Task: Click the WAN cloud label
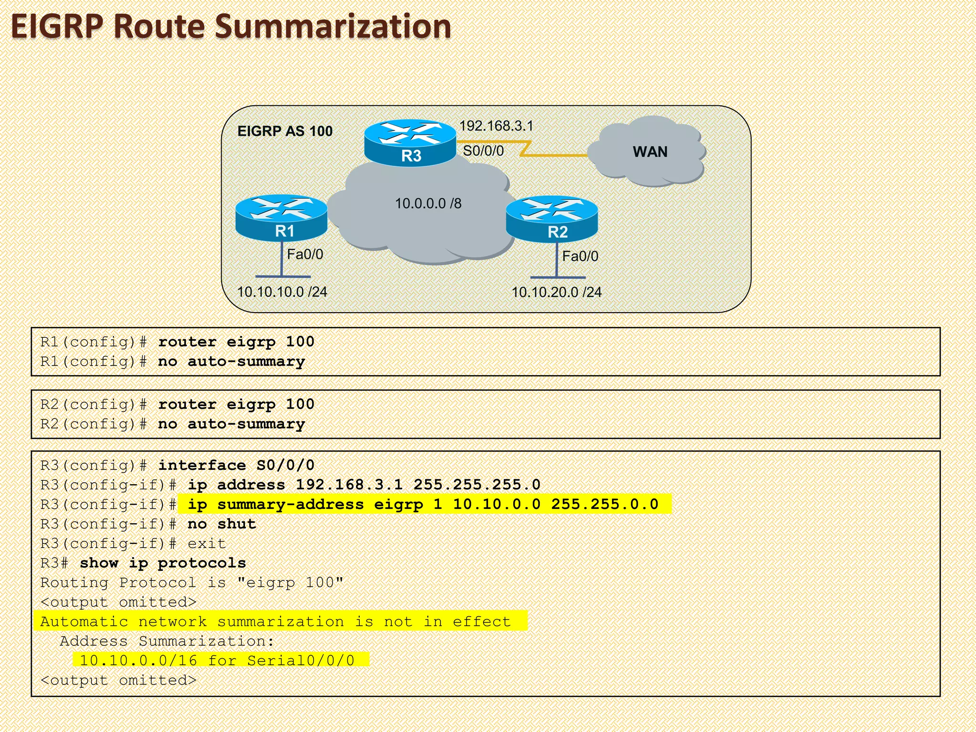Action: pyautogui.click(x=650, y=152)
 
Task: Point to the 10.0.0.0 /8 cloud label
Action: pyautogui.click(x=428, y=203)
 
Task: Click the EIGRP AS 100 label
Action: pyautogui.click(x=285, y=131)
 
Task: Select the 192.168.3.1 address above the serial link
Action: pyautogui.click(x=496, y=126)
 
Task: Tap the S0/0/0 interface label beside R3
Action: pyautogui.click(x=483, y=151)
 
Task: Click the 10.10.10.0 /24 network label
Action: pyautogui.click(x=282, y=292)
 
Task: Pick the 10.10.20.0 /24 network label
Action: pyautogui.click(x=556, y=292)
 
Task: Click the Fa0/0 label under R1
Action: pyautogui.click(x=305, y=254)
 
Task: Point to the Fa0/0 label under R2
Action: pyautogui.click(x=580, y=256)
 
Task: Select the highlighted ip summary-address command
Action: pyautogui.click(x=423, y=504)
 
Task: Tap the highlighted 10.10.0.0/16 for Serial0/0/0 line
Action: pyautogui.click(x=217, y=661)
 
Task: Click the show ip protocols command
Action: pyautogui.click(x=163, y=563)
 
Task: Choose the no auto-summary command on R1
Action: pyautogui.click(x=232, y=361)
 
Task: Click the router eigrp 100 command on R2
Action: pyautogui.click(x=236, y=404)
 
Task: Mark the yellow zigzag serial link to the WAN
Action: pyautogui.click(x=524, y=148)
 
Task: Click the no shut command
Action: pyautogui.click(x=222, y=524)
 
